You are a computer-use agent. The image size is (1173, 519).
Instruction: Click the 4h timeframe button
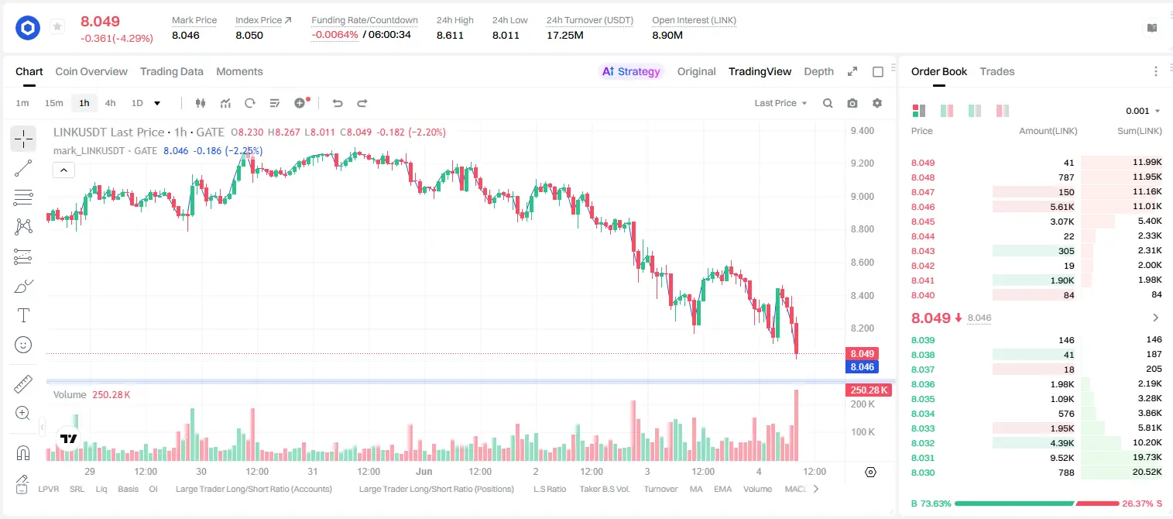coord(110,103)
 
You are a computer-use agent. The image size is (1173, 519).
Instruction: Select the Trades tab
coord(997,72)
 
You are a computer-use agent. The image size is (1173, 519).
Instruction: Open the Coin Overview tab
coord(91,72)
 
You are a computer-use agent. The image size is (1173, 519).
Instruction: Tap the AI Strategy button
coord(631,72)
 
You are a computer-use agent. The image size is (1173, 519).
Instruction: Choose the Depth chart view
coord(818,72)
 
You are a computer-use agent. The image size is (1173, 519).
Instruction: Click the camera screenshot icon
coord(852,103)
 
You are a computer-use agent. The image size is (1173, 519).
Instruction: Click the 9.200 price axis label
coord(863,163)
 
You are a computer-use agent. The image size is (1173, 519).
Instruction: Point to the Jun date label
coord(424,471)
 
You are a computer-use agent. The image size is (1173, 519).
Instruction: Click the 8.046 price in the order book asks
coord(923,207)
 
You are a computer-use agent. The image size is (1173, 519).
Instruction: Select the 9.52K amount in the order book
coord(1062,458)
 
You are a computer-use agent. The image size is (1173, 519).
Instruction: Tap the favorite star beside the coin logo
coord(57,26)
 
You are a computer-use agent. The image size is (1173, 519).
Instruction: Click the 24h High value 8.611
coord(450,35)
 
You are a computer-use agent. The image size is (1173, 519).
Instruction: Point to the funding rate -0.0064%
coord(334,35)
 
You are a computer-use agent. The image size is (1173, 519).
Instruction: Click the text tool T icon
coord(23,315)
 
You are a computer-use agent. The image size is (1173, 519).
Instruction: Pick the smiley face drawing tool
coord(23,345)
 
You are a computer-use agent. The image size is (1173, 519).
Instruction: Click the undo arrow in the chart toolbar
coord(338,103)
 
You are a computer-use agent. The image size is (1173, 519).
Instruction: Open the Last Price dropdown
coord(780,103)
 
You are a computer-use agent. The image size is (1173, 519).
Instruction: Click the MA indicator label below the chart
coord(696,489)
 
